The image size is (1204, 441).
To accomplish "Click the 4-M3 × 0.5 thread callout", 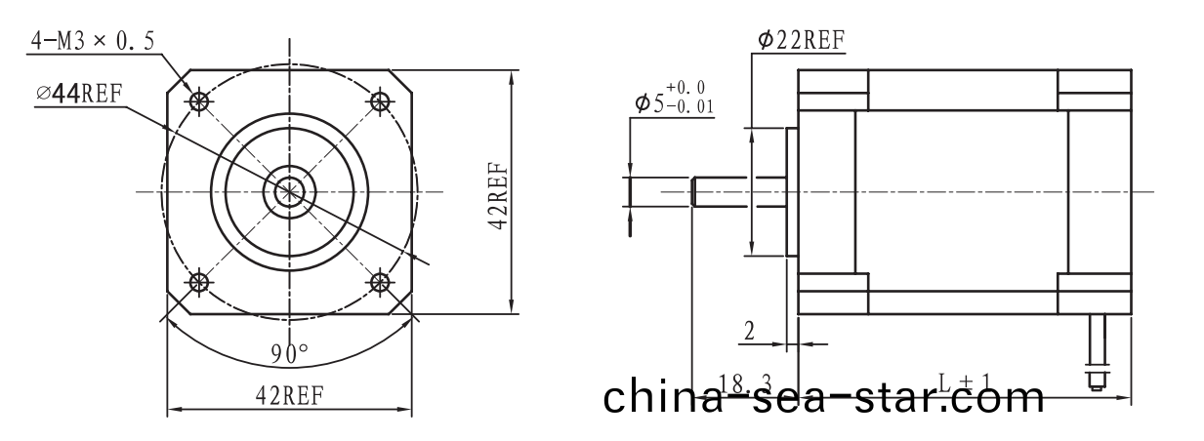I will point(95,40).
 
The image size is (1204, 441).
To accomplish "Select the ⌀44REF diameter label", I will point(86,94).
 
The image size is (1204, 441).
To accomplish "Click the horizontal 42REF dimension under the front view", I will point(289,395).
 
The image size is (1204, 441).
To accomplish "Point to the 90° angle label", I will point(289,352).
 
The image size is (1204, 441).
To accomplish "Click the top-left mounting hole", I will point(200,100).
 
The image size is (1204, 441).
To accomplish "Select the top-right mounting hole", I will point(379,100).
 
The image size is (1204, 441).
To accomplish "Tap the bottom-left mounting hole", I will point(200,283).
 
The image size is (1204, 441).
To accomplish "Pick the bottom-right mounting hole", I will point(379,283).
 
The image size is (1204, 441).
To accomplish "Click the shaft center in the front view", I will point(289,192).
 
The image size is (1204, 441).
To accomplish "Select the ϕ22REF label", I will point(801,39).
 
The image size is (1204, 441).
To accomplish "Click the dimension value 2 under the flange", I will point(749,331).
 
